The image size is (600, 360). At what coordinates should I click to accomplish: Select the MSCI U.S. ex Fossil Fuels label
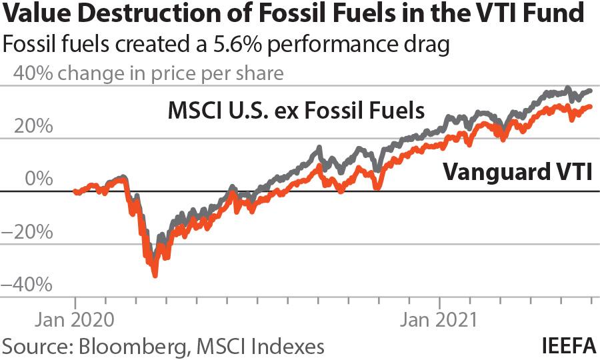(x=296, y=109)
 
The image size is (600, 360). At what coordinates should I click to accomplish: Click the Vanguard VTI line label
(x=517, y=171)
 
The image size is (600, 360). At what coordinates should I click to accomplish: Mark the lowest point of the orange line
(x=155, y=274)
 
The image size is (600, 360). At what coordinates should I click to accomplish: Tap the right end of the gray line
(x=590, y=91)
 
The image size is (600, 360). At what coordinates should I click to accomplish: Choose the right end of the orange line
(x=590, y=106)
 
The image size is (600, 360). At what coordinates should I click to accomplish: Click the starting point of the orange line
(x=75, y=192)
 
